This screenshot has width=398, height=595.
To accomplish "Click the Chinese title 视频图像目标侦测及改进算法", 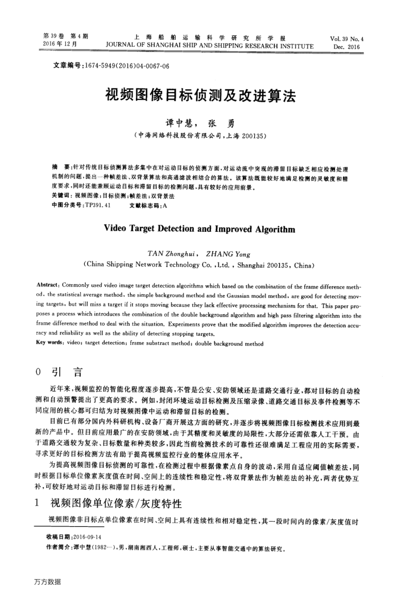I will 199,95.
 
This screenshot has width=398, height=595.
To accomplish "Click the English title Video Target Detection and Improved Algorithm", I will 199,230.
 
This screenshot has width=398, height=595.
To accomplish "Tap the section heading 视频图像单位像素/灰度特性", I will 116,504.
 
